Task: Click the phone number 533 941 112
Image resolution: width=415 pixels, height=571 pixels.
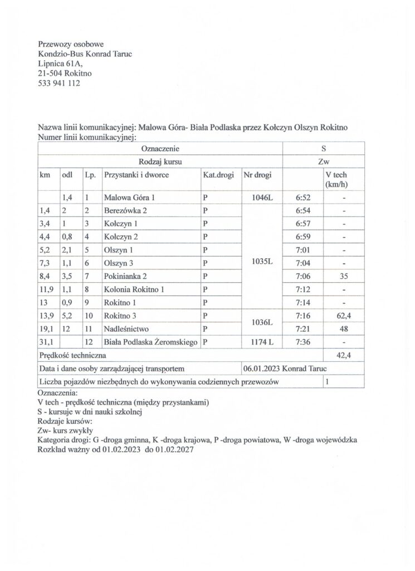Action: (x=59, y=83)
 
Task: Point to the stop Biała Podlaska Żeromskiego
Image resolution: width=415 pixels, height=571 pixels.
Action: (x=151, y=342)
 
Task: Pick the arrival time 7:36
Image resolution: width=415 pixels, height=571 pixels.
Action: (x=303, y=342)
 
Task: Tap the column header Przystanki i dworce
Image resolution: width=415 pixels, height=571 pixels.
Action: (x=136, y=175)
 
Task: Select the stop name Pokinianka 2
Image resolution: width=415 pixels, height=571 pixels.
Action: (x=126, y=276)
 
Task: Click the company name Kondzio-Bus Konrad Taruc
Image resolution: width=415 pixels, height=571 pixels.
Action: (x=85, y=54)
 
